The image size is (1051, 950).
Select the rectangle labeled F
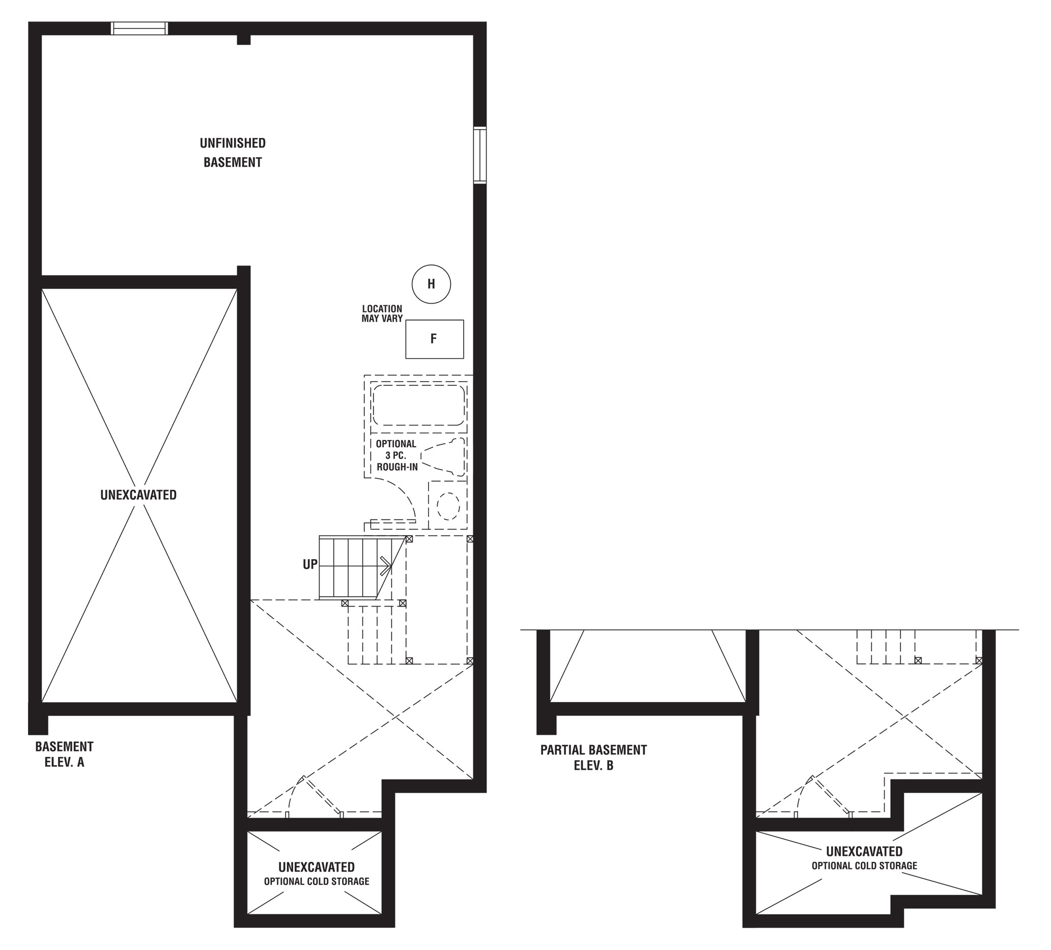[434, 339]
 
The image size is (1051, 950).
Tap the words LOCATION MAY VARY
[382, 314]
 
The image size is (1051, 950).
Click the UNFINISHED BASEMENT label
[233, 153]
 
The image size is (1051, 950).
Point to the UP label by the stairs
[309, 564]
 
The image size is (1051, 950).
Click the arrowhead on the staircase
[387, 565]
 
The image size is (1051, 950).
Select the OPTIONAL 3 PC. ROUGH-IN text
[396, 455]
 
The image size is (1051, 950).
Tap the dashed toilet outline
[443, 457]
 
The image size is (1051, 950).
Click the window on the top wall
[140, 28]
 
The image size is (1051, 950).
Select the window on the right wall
[479, 155]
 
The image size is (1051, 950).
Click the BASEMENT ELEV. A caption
[64, 754]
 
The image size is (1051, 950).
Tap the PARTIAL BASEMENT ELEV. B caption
[593, 758]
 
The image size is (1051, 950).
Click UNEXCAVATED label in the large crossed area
[138, 495]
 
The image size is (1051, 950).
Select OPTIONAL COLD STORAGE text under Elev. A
[317, 881]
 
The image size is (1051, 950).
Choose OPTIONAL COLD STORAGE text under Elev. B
[864, 866]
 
